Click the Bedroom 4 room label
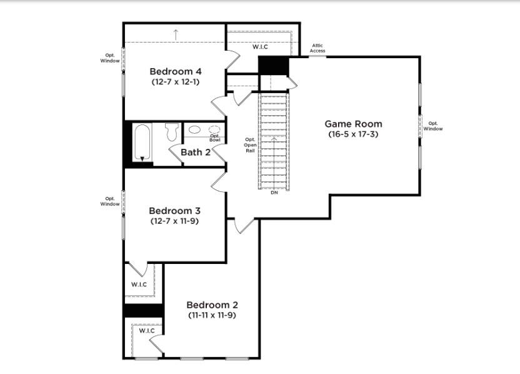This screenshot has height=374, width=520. tap(176, 71)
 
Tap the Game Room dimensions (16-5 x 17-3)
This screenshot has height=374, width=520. tap(353, 134)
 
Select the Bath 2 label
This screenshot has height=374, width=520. tap(196, 153)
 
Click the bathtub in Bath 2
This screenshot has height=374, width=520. tap(142, 143)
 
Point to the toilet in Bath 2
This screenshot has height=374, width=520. tap(172, 132)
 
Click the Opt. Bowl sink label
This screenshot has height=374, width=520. tap(214, 138)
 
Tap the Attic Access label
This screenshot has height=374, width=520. tap(317, 48)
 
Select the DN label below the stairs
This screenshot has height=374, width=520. tap(274, 193)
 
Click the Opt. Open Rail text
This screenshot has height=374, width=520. tap(250, 145)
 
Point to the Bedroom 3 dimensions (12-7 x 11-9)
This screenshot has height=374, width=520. tap(175, 221)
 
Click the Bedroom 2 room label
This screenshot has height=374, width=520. tap(212, 305)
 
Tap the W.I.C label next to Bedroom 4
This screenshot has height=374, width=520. tap(260, 47)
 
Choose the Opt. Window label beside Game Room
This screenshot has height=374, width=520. tap(432, 126)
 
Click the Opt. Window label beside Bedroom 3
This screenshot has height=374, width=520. tap(110, 201)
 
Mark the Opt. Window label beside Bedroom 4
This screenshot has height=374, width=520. tap(110, 58)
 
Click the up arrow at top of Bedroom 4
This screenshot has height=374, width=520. tap(176, 34)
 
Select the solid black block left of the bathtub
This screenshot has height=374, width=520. tap(128, 144)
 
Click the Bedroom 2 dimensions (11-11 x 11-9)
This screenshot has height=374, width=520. tap(212, 315)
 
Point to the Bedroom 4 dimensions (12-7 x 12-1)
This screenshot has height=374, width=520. tap(176, 82)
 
